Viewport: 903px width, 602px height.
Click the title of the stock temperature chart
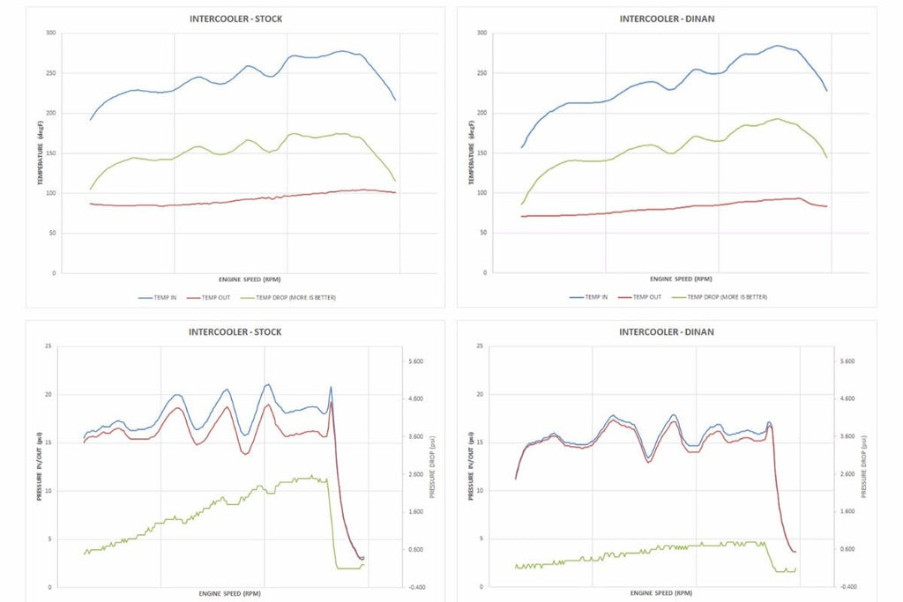pos(235,19)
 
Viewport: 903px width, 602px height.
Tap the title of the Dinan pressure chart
pos(666,332)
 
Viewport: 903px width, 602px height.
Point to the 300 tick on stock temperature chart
pos(50,33)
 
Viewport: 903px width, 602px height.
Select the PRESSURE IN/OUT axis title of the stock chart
pos(39,467)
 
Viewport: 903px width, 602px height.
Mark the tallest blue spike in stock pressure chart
pos(331,387)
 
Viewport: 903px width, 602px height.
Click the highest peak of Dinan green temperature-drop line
pos(777,119)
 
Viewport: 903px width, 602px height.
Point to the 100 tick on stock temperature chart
pos(50,193)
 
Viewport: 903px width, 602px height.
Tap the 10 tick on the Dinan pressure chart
pos(481,491)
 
